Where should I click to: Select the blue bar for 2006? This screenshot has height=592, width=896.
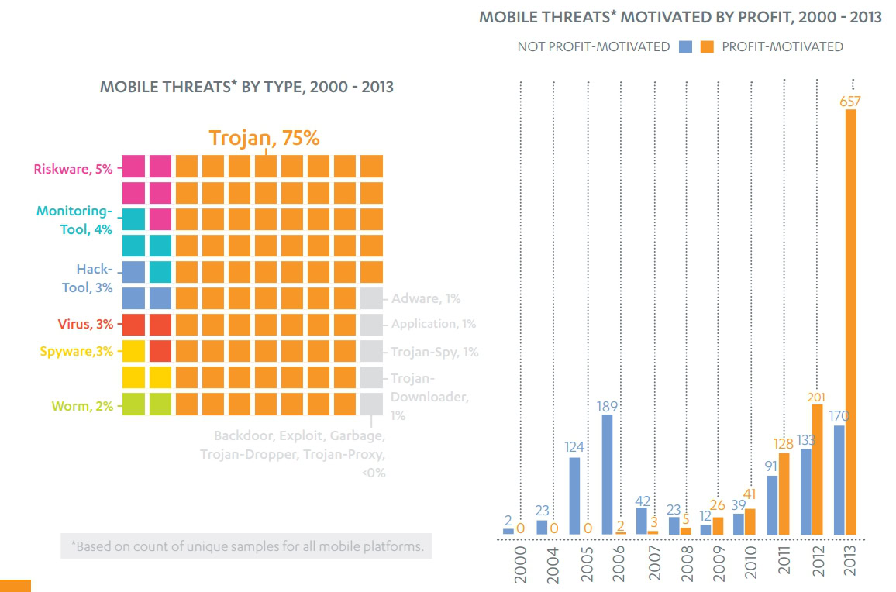[x=607, y=474]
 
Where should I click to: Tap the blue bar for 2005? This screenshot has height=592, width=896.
[x=574, y=496]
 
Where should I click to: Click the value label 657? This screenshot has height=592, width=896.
[x=850, y=101]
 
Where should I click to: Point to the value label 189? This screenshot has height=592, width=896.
[x=607, y=406]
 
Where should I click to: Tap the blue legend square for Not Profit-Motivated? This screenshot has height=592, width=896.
[x=684, y=46]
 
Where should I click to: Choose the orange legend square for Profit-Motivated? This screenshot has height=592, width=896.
[x=706, y=46]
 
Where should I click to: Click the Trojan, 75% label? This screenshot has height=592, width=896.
[x=264, y=138]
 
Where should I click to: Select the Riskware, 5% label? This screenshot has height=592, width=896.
[x=74, y=168]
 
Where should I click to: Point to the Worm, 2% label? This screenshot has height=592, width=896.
[x=83, y=405]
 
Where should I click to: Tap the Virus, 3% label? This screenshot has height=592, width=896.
[x=85, y=324]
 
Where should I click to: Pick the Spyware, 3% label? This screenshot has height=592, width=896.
[x=76, y=351]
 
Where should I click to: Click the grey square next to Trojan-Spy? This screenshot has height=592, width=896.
[x=372, y=351]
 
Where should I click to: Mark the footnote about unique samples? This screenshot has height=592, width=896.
[x=246, y=546]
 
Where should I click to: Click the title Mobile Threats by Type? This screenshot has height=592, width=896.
[x=246, y=87]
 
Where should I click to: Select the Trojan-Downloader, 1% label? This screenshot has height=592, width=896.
[x=429, y=396]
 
